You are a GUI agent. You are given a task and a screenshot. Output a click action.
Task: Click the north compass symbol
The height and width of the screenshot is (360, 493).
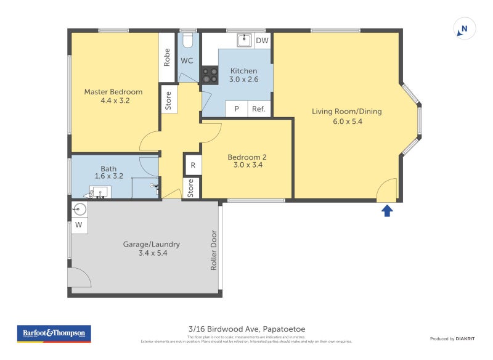click(x=465, y=29)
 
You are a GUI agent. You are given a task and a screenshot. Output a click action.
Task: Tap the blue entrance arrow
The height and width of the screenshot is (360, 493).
click(x=387, y=211)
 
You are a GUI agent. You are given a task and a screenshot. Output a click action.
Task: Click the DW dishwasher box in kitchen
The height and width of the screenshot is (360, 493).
click(x=262, y=41)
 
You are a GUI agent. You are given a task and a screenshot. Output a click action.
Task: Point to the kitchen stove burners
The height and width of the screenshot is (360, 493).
click(x=210, y=75)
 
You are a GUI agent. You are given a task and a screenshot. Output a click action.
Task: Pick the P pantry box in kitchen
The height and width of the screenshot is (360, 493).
click(x=236, y=109)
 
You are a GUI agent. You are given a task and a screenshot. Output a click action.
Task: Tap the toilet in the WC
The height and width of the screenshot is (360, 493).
click(x=188, y=41)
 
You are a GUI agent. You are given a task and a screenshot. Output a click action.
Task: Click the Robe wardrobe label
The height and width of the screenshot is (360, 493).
click(x=167, y=57)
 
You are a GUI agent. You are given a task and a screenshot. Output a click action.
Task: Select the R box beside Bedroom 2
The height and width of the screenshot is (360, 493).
click(x=193, y=165)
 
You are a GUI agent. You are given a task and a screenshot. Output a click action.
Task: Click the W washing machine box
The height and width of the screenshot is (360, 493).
click(x=79, y=225)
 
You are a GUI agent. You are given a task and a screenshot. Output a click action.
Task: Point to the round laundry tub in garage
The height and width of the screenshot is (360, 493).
click(x=79, y=208)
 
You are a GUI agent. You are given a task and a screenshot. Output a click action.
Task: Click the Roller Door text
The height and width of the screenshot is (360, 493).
click(x=214, y=250)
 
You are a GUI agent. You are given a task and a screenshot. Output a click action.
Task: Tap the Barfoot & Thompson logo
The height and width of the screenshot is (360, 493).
click(x=54, y=333)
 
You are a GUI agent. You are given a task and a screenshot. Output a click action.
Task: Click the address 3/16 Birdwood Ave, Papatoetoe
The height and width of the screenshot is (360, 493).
click(x=246, y=329)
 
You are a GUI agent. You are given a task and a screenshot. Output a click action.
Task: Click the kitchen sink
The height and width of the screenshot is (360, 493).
click(x=245, y=40)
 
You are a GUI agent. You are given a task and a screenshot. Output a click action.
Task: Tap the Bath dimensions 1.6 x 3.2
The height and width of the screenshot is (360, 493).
click(x=108, y=176)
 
